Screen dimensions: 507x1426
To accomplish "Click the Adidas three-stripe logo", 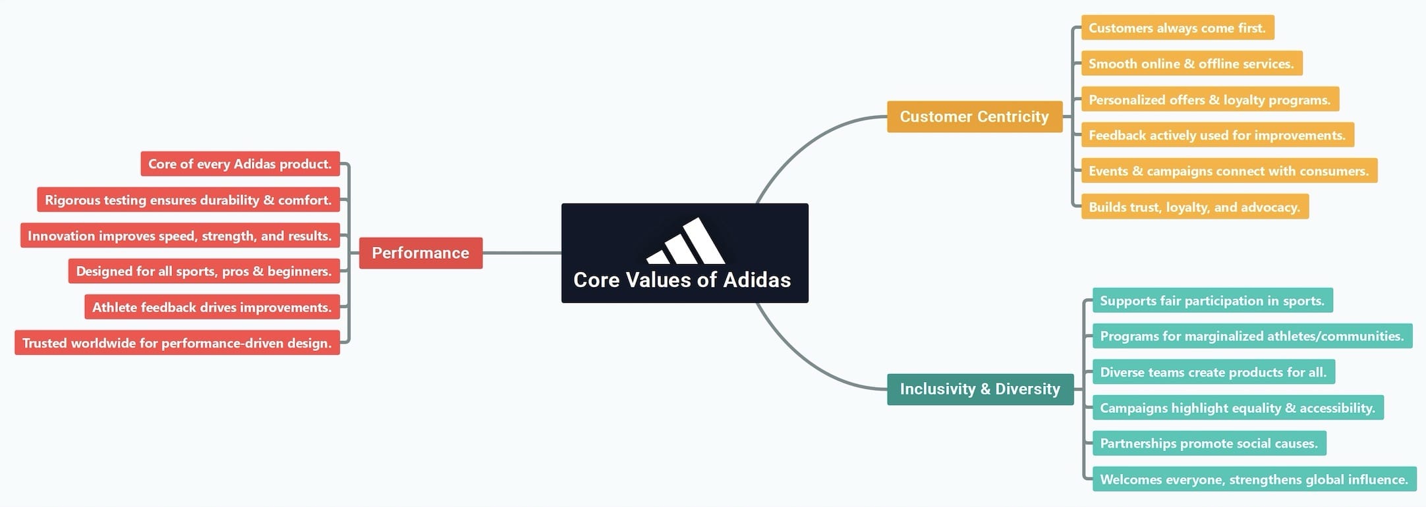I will (x=685, y=242).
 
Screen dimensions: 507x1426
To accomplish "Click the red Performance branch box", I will (x=420, y=253).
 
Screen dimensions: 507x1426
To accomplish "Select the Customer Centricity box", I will (x=974, y=117).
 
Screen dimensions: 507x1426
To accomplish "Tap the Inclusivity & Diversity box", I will (x=980, y=389).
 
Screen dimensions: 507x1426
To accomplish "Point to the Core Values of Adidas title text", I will (x=681, y=280).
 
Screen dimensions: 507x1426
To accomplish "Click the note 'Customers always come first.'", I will (x=1177, y=28).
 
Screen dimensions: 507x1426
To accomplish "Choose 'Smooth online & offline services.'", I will (x=1191, y=64).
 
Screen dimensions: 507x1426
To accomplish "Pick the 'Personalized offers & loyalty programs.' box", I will (x=1209, y=99).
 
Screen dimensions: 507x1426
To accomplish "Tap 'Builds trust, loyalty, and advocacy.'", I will (x=1194, y=207).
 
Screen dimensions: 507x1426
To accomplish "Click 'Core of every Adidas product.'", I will (x=240, y=164).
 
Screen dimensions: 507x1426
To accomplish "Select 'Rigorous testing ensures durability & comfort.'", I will (x=188, y=200).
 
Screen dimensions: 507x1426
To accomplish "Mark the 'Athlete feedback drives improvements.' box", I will (x=212, y=307).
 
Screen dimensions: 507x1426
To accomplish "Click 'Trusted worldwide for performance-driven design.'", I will (x=177, y=343).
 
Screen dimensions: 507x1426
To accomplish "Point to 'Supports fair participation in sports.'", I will (x=1212, y=301).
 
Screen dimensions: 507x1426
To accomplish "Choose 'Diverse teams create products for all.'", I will (x=1213, y=372).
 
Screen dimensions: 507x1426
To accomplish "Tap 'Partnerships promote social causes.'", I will (x=1209, y=443).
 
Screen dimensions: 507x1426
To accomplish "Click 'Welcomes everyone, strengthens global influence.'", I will (x=1253, y=479).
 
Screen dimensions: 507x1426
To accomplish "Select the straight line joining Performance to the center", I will (x=521, y=253).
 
